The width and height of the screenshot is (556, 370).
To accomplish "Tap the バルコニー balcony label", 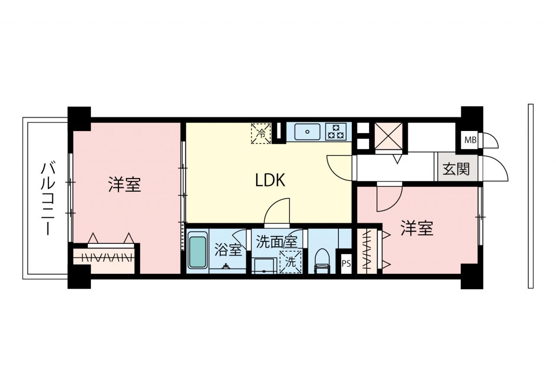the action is tap(48, 199).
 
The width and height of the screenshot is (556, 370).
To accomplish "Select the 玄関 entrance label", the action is tap(456, 169).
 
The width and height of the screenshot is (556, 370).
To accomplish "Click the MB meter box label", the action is tap(470, 140).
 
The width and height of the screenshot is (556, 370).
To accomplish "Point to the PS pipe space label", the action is tap(346, 263).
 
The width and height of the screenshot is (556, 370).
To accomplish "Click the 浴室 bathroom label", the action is tap(228, 249).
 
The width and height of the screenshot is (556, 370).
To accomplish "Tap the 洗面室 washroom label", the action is tap(277, 242).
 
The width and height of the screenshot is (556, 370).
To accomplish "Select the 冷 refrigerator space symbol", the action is tap(261, 134).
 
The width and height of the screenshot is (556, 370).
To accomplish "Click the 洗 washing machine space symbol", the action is tap(291, 262).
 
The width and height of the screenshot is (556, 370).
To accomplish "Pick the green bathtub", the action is tap(198, 252).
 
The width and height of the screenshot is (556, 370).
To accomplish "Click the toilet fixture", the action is tap(322, 261).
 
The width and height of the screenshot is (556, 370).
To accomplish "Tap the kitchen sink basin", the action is tap(307, 132).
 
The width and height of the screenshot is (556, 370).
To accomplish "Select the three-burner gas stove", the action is tap(336, 132).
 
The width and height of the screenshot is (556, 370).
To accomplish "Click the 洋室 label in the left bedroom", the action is tap(125, 184).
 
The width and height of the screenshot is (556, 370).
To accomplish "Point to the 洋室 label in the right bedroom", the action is tap(417, 228).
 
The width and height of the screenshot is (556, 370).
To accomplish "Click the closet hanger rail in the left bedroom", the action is tap(104, 258).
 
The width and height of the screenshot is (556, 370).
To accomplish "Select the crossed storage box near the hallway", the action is tap(388, 136).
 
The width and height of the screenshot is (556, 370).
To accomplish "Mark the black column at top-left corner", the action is tap(79, 118).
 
